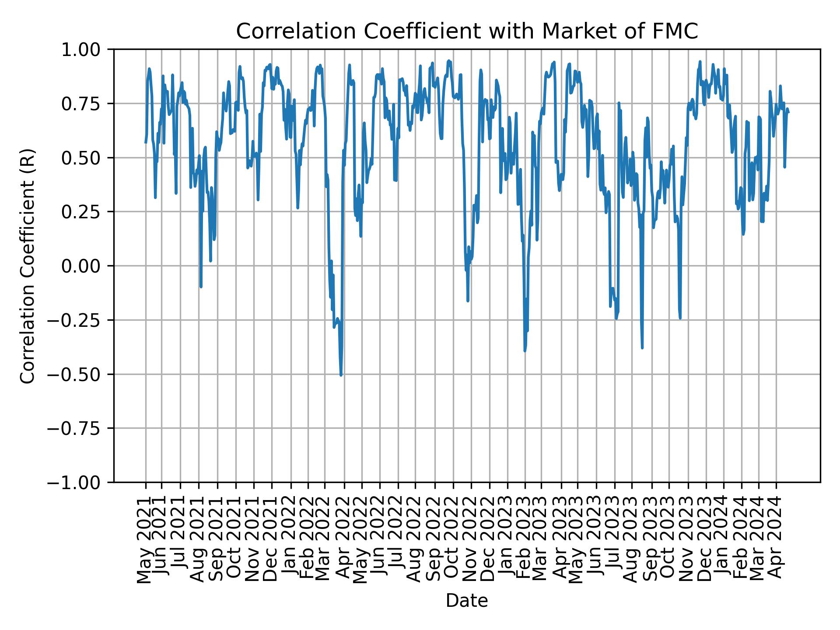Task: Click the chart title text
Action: click(x=467, y=31)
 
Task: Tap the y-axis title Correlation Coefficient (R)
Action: click(x=28, y=266)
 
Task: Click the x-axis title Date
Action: click(x=467, y=601)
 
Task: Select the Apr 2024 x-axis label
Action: click(x=775, y=542)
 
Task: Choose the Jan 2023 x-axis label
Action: click(x=506, y=542)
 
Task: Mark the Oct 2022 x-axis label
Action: click(x=452, y=542)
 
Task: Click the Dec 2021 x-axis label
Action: click(x=270, y=542)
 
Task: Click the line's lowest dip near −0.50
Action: click(x=341, y=375)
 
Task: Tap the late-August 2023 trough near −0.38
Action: click(x=642, y=348)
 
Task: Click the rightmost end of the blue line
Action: click(x=789, y=112)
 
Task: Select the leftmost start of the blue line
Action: click(x=145, y=143)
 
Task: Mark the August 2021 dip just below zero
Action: click(x=201, y=287)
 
